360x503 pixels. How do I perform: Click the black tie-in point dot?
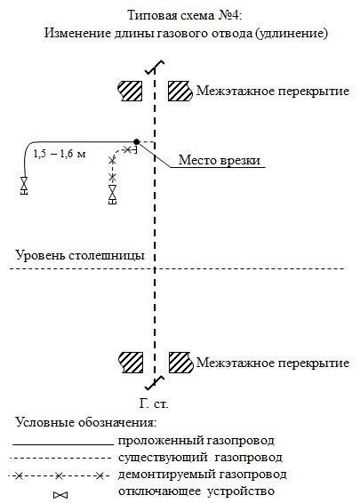137,141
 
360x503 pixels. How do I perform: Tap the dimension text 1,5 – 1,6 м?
60,154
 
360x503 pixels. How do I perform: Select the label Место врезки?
220,160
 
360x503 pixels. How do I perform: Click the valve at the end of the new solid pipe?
24,186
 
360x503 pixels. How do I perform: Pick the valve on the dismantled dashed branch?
112,195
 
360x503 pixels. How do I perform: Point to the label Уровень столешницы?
80,255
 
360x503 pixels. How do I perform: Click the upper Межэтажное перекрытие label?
273,91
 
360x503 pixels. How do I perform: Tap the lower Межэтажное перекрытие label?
273,363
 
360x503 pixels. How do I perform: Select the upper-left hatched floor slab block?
131,91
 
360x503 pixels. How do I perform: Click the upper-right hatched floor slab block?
180,91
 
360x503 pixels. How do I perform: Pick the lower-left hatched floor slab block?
131,363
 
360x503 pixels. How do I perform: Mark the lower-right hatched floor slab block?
181,363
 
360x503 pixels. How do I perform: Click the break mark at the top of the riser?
155,68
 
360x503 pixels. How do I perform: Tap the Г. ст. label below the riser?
154,403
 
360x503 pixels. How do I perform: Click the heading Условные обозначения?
86,422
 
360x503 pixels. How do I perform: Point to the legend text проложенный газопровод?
196,441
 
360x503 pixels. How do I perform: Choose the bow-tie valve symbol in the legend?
60,495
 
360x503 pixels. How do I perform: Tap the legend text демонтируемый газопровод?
202,475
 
